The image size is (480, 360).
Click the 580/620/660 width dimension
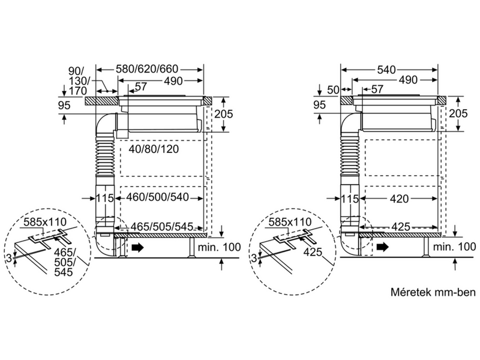(147, 70)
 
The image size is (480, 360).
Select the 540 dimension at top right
(386, 70)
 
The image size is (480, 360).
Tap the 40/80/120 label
(154, 149)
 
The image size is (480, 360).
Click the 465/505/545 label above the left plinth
(162, 227)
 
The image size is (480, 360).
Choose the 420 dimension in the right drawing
(400, 199)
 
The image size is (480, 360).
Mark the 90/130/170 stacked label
(78, 81)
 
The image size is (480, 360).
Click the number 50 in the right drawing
(333, 89)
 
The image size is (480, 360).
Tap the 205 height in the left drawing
(223, 114)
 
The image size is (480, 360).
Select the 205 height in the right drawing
(458, 113)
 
